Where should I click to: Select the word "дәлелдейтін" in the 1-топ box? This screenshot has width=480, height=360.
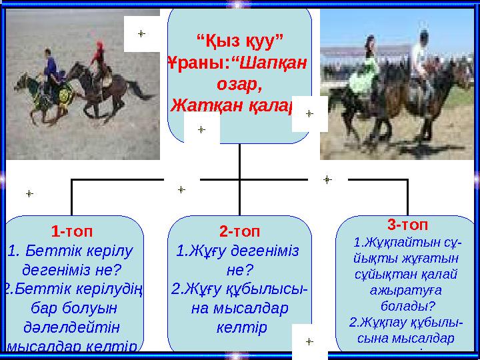[71, 327]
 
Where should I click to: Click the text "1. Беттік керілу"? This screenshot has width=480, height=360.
[70, 251]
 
